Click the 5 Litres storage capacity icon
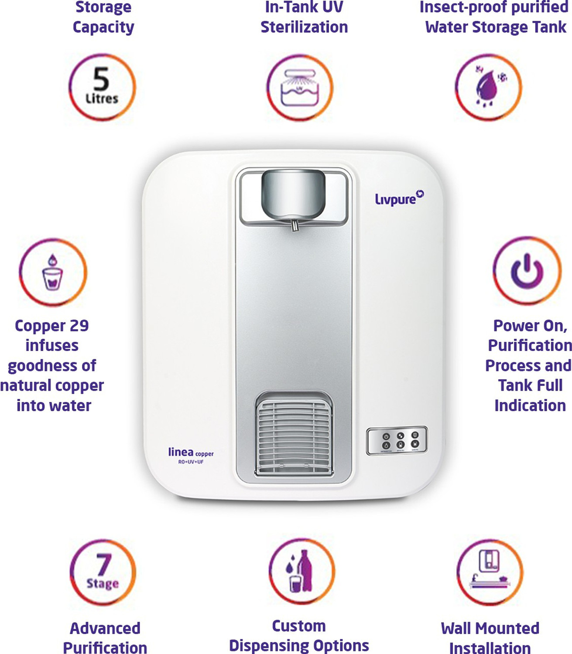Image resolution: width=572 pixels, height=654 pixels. coord(102,87)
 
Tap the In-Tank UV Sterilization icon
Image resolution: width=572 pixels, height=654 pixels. coord(300,87)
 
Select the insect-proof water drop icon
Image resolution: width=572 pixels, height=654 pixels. coord(488,87)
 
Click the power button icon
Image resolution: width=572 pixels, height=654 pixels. coord(527,271)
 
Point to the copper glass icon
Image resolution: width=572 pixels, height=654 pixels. coord(53,272)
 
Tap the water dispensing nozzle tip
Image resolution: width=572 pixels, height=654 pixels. coord(295,227)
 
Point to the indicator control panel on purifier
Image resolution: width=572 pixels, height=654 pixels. coord(397,441)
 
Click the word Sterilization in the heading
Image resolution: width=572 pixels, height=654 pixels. coord(304,27)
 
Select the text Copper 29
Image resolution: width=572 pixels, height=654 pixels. coord(51,326)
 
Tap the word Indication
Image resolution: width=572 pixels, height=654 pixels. coord(530,405)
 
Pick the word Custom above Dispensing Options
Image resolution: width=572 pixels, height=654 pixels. coord(299,626)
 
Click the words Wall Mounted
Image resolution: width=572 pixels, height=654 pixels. coord(490,628)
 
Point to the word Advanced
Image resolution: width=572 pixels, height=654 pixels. coord(105,628)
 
